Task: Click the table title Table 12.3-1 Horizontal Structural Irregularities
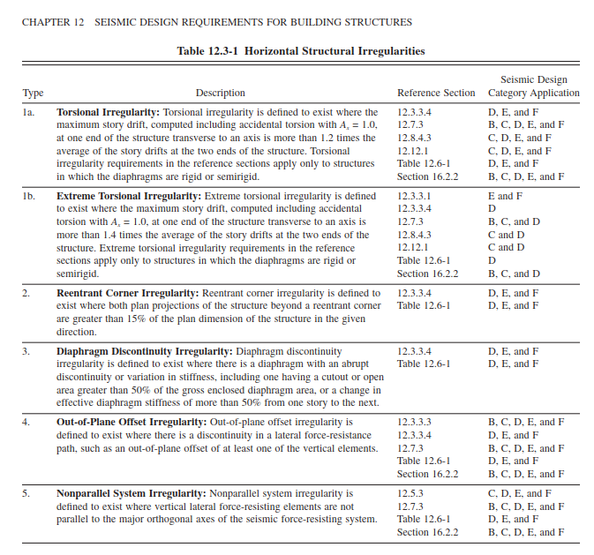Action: [300, 51]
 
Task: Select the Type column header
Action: [33, 93]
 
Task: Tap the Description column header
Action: [220, 93]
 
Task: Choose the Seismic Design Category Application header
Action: [533, 86]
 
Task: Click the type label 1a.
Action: [28, 113]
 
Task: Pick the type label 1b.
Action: [28, 196]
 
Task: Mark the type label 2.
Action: [26, 292]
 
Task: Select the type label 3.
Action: [26, 351]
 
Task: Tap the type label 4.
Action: [26, 422]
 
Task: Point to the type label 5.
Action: [26, 493]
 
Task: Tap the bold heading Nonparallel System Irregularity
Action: [131, 493]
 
